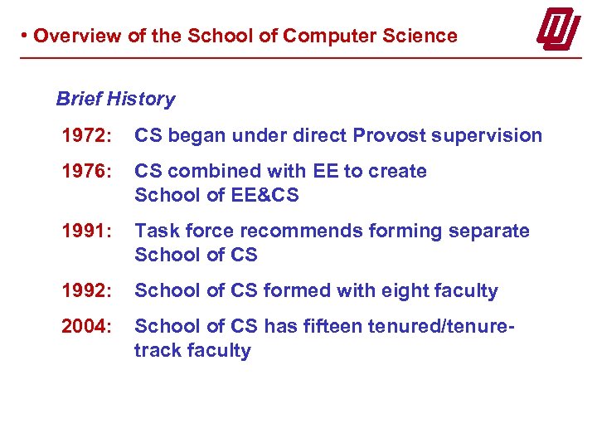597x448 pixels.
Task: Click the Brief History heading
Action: (115, 100)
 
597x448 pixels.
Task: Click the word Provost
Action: (388, 135)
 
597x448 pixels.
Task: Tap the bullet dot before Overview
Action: (26, 36)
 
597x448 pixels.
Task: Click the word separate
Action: (489, 231)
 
